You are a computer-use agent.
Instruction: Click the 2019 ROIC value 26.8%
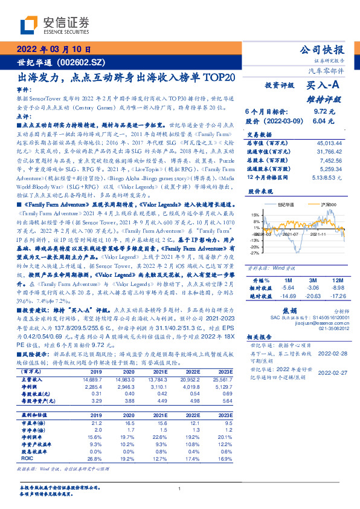(x=95, y=458)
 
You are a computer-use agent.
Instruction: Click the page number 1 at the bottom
(x=180, y=488)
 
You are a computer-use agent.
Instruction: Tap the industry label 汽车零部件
(x=329, y=71)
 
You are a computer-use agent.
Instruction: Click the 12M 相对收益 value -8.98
(x=336, y=288)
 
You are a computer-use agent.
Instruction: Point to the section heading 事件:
(x=24, y=90)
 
